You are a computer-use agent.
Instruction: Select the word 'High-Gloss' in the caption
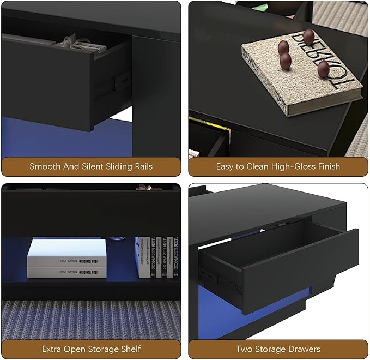point(295,166)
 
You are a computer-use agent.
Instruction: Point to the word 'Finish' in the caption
point(328,166)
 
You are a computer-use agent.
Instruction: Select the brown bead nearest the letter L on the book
point(323,69)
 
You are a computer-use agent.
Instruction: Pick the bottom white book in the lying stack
point(58,269)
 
